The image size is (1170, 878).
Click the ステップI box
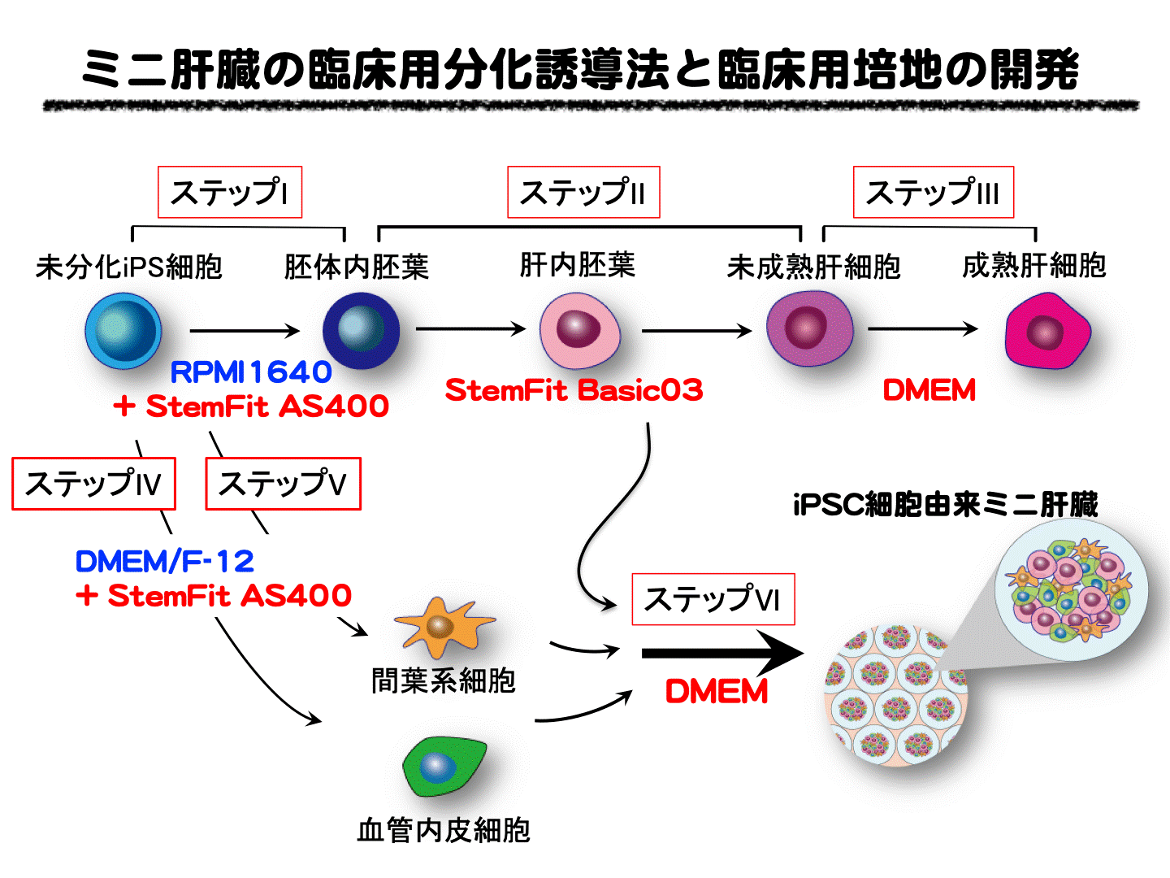pyautogui.click(x=229, y=193)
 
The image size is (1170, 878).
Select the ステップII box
pyautogui.click(x=583, y=193)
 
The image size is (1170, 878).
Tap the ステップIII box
pyautogui.click(x=933, y=193)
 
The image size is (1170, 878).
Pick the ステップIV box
pyautogui.click(x=93, y=485)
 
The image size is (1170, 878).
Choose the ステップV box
pyautogui.click(x=283, y=485)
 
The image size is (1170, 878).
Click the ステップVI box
pyautogui.click(x=713, y=600)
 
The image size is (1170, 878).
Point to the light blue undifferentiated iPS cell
pyautogui.click(x=123, y=331)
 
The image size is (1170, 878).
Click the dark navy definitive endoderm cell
pyautogui.click(x=361, y=330)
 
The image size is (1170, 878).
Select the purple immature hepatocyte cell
pyautogui.click(x=809, y=329)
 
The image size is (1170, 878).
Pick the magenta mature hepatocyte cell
pyautogui.click(x=1046, y=330)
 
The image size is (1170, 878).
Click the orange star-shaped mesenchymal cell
pyautogui.click(x=442, y=626)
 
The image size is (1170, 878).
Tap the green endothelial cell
pyautogui.click(x=443, y=767)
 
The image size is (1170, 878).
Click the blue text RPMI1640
pyautogui.click(x=251, y=372)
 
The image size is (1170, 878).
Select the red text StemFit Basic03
pyautogui.click(x=574, y=390)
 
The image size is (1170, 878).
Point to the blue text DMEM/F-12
pyautogui.click(x=164, y=561)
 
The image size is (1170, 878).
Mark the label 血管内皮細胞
pyautogui.click(x=444, y=830)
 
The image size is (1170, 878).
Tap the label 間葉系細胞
pyautogui.click(x=444, y=680)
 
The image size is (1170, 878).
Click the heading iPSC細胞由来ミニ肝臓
pyautogui.click(x=945, y=505)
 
